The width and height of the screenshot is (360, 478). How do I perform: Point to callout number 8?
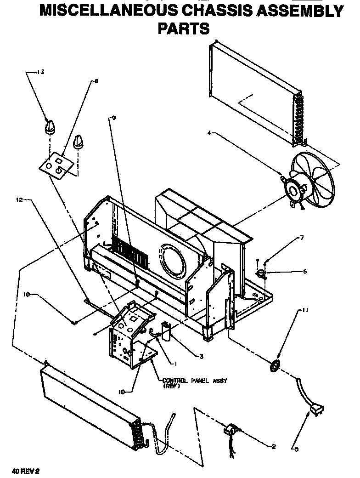[96, 81]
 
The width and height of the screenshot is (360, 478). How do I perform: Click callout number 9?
[113, 118]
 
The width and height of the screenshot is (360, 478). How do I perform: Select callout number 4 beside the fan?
[209, 133]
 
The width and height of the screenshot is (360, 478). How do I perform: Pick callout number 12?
[19, 200]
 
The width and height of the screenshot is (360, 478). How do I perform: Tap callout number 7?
[302, 238]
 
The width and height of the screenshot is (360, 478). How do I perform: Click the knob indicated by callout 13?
[50, 126]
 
